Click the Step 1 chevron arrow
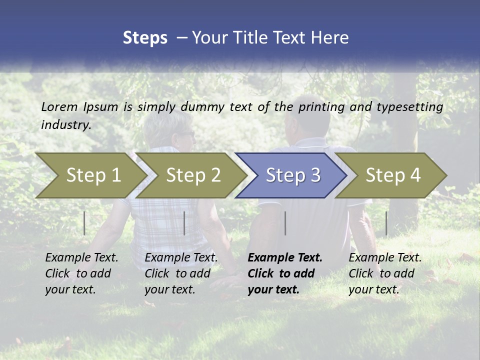(92, 175)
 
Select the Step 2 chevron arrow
(192, 175)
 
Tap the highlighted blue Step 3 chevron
(292, 175)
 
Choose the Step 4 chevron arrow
(392, 175)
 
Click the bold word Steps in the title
(145, 38)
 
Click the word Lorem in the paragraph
(59, 106)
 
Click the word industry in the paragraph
(66, 124)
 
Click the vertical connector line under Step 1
(84, 223)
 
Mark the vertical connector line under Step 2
(184, 223)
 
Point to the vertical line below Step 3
(285, 223)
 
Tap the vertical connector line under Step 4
(386, 223)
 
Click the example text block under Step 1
(81, 273)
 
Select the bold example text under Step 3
(284, 273)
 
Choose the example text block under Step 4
(384, 273)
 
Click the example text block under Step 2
(180, 273)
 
